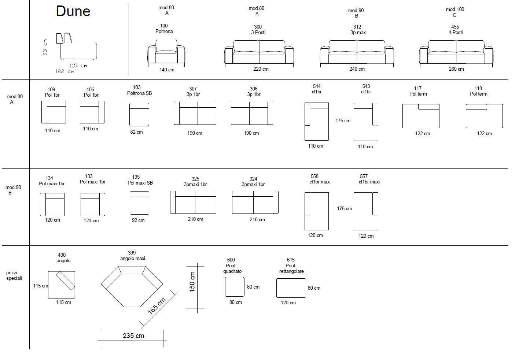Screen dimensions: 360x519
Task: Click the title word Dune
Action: tap(73, 11)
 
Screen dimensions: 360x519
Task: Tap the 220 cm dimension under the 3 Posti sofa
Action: tap(261, 69)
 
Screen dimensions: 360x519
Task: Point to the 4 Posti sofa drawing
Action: tap(456, 53)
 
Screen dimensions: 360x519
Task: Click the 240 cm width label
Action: tap(357, 69)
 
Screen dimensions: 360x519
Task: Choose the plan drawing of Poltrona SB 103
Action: tap(139, 114)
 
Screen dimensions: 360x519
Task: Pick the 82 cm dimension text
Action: tap(136, 132)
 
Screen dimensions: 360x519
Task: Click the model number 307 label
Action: tap(193, 89)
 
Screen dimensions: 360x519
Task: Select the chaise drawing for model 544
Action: tap(316, 121)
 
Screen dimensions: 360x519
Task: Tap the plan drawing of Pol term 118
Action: tap(484, 116)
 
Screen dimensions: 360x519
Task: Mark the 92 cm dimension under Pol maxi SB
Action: tap(138, 220)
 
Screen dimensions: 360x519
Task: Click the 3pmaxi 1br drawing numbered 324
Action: tap(255, 202)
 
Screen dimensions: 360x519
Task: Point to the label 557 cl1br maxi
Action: tap(369, 179)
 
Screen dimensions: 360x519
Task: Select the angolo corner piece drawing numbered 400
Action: tap(62, 285)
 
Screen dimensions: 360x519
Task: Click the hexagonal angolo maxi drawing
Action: tap(132, 286)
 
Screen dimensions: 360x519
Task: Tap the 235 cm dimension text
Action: tap(133, 335)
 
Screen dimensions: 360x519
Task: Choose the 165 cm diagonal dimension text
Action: tap(157, 306)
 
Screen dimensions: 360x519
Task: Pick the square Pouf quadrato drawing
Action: tap(235, 287)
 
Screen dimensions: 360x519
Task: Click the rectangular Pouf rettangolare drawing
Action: tap(291, 288)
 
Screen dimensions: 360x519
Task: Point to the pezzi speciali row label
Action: tap(14, 275)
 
